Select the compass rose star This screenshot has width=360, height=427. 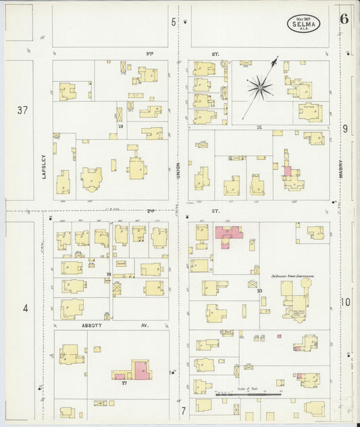coord(259,86)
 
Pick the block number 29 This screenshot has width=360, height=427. coord(120,126)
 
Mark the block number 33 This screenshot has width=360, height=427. coord(259,291)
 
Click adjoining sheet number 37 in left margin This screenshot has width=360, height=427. coord(23,110)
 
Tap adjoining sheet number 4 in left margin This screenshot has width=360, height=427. coord(25,309)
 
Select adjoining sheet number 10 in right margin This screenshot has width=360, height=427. coord(345,302)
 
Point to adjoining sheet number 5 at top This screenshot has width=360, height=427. coord(174,22)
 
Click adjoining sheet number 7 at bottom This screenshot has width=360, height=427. coord(182,410)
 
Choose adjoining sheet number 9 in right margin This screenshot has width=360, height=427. coord(344,128)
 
